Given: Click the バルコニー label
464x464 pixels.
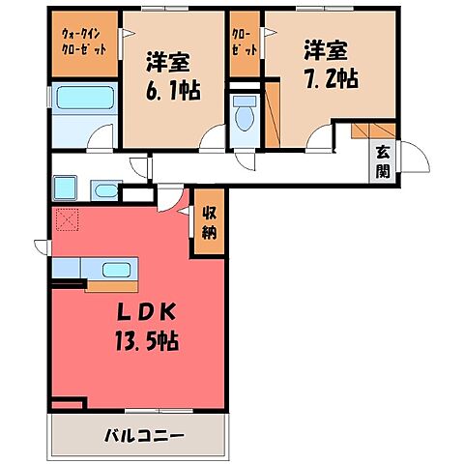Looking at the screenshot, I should point(144,435).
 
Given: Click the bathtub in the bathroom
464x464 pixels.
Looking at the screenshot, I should point(82,99).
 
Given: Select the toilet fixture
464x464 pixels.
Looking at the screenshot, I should point(245,116).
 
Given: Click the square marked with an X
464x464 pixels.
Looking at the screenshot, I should point(67,220).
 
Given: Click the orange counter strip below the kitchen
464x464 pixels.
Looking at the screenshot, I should point(111,286).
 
